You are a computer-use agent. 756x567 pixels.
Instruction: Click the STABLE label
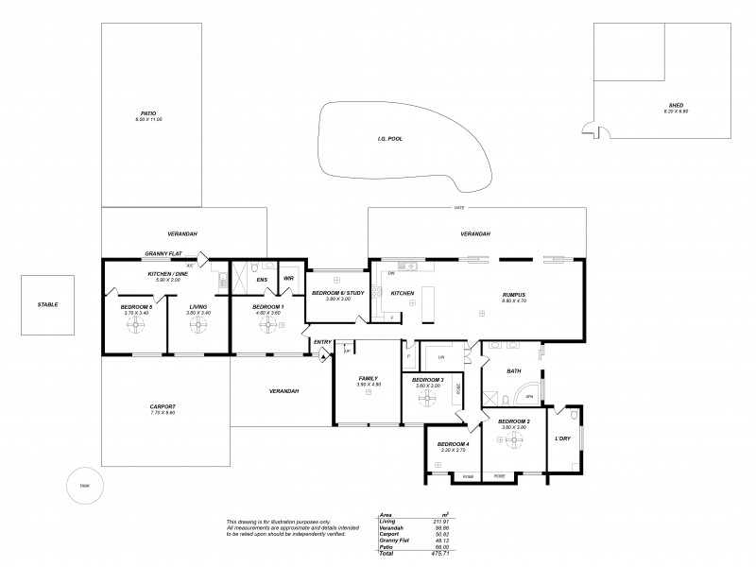[x=48, y=304]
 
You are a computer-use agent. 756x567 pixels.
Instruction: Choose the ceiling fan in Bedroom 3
[x=430, y=400]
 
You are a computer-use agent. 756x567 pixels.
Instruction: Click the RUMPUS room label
[x=513, y=295]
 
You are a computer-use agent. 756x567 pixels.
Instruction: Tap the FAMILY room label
[x=368, y=377]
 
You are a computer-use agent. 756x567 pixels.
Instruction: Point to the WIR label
[x=289, y=279]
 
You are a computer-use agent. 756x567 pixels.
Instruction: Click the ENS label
[x=261, y=279]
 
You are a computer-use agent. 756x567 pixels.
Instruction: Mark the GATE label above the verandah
[x=459, y=207]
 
